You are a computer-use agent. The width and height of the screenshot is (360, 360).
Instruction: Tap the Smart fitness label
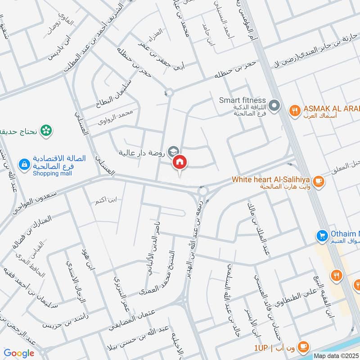(x=243, y=100)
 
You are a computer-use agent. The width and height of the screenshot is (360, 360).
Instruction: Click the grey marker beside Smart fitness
(x=276, y=107)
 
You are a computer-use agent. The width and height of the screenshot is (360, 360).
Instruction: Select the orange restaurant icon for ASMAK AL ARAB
(x=295, y=109)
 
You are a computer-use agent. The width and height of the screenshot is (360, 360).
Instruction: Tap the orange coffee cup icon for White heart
(x=319, y=181)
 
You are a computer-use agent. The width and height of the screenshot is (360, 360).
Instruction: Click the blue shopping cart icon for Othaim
(x=322, y=235)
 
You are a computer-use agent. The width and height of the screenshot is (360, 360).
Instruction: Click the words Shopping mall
(x=52, y=174)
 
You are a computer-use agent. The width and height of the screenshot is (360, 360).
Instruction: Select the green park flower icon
(x=45, y=131)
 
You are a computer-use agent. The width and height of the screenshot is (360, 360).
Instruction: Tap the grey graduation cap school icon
(x=172, y=152)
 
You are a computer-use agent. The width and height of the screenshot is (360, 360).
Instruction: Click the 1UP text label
(x=261, y=348)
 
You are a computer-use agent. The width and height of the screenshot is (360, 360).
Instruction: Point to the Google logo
(x=19, y=353)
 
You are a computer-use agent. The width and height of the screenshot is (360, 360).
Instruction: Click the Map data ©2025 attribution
(x=336, y=355)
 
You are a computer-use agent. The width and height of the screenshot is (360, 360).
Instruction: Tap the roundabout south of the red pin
(x=203, y=191)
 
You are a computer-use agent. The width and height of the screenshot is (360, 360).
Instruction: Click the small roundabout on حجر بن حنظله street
(x=169, y=93)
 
